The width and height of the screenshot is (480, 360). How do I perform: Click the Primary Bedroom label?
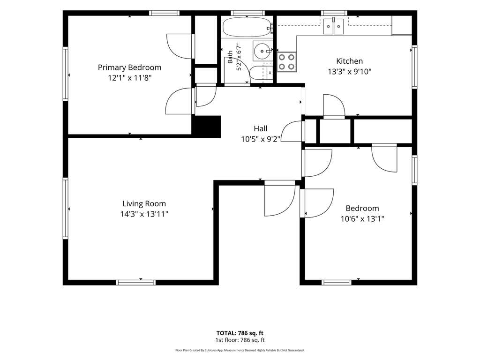129,67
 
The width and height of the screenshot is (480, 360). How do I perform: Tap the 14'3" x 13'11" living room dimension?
144,214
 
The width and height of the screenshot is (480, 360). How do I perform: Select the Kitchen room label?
350,61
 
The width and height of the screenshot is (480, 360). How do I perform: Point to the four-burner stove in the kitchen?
287,62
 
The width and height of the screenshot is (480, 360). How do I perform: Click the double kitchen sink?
333,27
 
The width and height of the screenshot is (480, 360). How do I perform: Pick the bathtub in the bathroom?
247,27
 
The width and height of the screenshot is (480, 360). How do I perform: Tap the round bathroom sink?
262,51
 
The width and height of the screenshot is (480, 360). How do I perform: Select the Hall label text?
261,128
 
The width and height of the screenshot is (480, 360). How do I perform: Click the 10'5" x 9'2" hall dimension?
261,139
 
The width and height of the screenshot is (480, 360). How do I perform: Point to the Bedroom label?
362,208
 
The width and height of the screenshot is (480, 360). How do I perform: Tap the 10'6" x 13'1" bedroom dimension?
362,219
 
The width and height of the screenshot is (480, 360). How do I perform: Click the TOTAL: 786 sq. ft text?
240,333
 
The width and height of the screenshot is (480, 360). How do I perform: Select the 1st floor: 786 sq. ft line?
240,340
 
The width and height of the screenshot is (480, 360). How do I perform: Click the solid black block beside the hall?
206,127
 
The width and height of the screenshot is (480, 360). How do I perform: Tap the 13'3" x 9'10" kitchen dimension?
350,72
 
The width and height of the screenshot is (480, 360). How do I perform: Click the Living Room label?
144,203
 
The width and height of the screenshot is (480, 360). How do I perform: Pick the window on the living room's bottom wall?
135,283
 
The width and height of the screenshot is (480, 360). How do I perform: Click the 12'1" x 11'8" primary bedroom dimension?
129,78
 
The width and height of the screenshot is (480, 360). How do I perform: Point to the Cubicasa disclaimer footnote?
240,350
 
